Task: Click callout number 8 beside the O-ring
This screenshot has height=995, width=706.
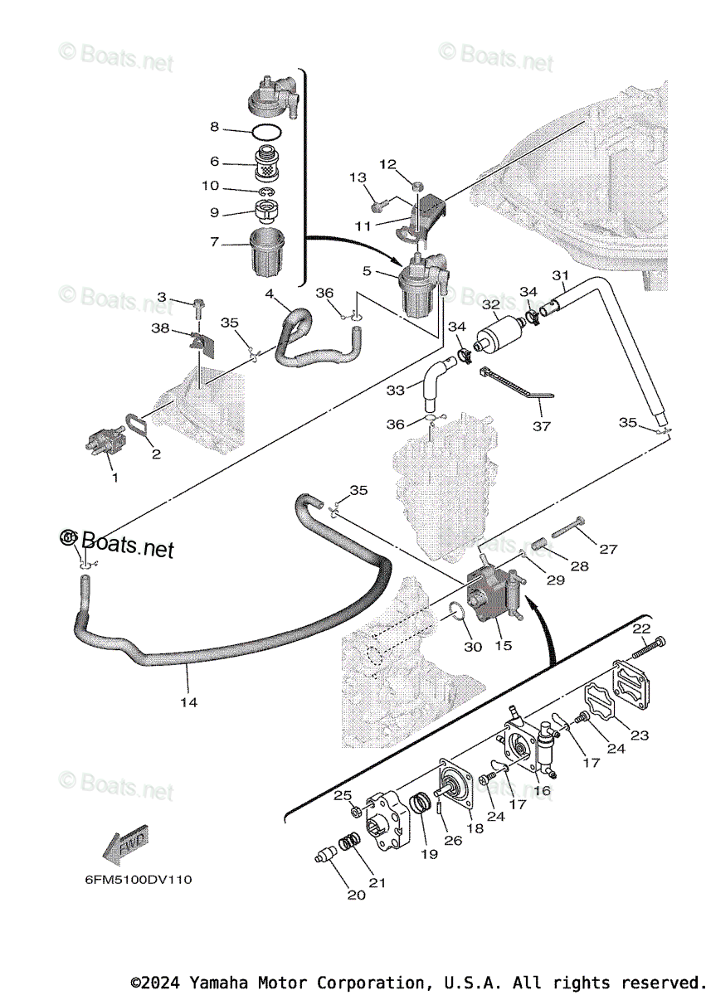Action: [214, 127]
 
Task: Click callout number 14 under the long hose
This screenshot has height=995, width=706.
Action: [188, 702]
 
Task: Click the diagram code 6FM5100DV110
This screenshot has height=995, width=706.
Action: [138, 879]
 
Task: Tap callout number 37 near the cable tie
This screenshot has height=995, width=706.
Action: [542, 426]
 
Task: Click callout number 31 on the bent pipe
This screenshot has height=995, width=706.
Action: [561, 275]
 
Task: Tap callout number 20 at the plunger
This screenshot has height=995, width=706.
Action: [355, 895]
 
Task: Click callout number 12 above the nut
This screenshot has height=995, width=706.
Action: [389, 164]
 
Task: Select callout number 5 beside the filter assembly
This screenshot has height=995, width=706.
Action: [366, 269]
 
